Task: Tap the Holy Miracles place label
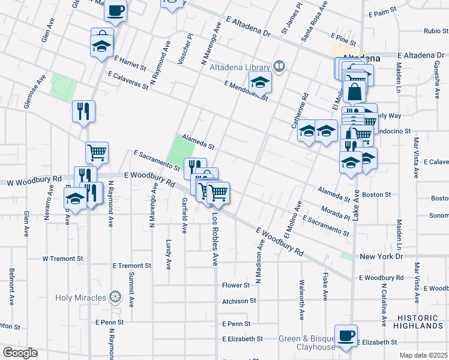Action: (81, 297)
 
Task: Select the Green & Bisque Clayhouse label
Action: (306, 343)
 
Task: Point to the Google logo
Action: (19, 353)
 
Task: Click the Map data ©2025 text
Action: (424, 355)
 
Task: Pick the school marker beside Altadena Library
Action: (261, 82)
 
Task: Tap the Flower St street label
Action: (235, 286)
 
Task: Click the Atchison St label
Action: (239, 301)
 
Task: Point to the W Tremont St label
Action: (62, 259)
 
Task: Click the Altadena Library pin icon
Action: (279, 66)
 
